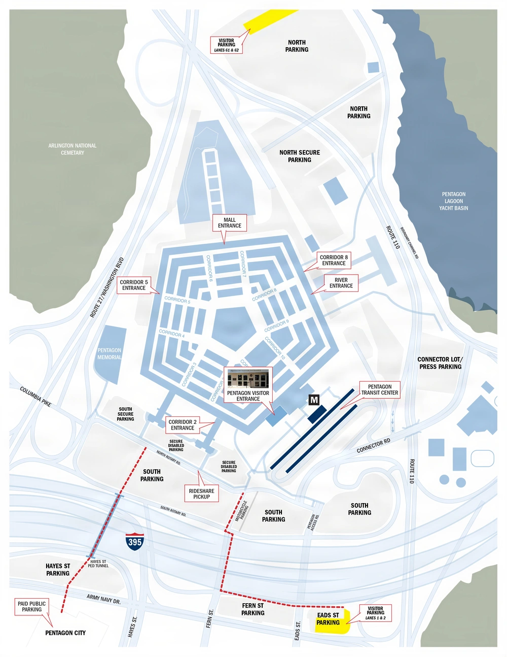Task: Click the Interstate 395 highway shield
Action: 135,542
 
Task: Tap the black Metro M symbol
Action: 314,400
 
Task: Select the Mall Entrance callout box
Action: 230,223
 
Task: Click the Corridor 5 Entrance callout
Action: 134,285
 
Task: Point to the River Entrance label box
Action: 341,283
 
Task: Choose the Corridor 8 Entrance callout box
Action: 334,260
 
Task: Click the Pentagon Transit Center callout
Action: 380,389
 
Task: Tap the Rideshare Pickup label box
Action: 201,494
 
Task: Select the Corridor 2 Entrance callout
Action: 183,425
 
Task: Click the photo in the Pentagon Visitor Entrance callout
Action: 248,378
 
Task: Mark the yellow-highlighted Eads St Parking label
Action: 329,619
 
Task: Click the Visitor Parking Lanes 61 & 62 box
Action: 226,45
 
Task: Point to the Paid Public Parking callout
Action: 31,606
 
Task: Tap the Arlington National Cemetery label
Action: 73,149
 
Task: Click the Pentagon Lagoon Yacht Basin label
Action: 453,201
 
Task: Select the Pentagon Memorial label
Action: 110,353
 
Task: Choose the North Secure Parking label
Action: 300,156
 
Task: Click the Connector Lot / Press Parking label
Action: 440,363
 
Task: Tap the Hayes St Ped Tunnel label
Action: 98,564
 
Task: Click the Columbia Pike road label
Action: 35,397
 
